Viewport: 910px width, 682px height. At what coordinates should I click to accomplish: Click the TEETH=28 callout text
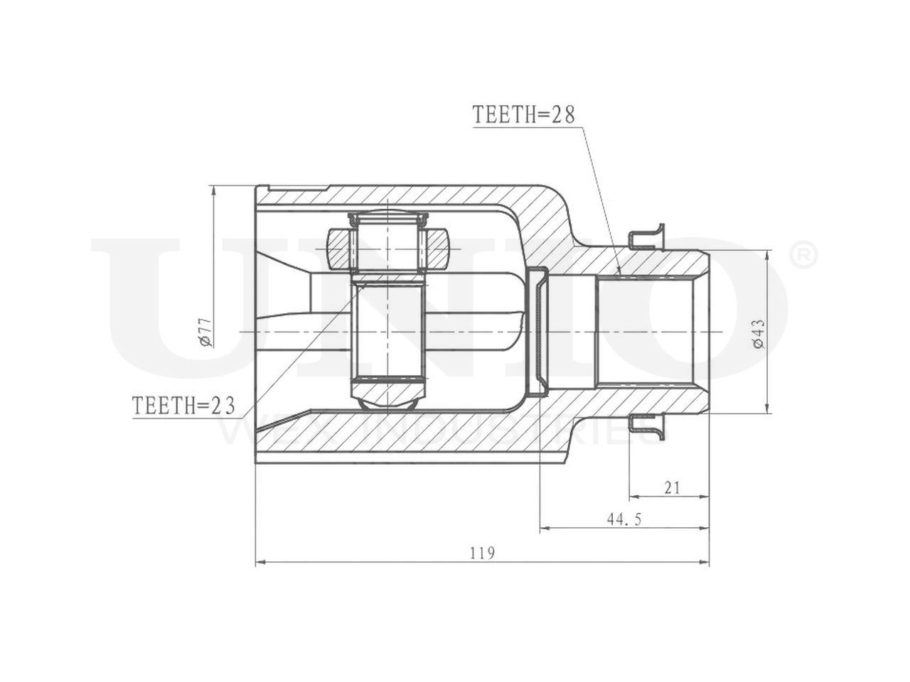coord(524,114)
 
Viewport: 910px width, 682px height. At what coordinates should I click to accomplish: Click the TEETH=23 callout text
coord(183,405)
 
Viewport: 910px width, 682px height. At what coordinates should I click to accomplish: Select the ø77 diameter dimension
coord(206,332)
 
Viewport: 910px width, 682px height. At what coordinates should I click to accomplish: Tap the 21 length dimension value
coord(672,488)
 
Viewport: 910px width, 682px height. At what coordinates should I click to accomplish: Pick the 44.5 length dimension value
coord(624,519)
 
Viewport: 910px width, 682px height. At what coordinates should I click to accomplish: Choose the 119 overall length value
coord(483,553)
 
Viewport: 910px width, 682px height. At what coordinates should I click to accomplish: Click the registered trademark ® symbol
coord(804,256)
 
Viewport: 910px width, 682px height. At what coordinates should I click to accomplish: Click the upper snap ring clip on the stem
coord(646,238)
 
